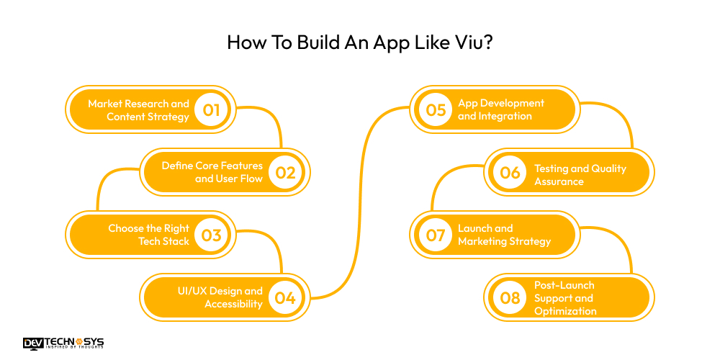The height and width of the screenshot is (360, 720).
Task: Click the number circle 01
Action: click(x=211, y=109)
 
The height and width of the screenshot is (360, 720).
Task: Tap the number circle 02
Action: click(x=285, y=172)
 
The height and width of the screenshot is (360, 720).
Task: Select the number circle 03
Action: click(x=211, y=235)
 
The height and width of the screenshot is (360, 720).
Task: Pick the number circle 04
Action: click(x=285, y=297)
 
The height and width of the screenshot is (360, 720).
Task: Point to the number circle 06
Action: click(x=510, y=172)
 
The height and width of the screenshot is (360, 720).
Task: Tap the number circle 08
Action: click(x=510, y=297)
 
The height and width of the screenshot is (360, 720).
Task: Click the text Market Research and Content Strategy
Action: click(x=138, y=109)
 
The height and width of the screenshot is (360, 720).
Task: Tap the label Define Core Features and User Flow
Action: click(x=212, y=172)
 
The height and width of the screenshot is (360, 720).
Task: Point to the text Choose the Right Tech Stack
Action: click(x=148, y=235)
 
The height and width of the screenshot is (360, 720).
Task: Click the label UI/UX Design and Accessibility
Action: click(x=220, y=297)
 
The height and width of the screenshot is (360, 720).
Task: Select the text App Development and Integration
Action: click(x=501, y=109)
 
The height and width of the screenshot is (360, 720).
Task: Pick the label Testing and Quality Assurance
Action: click(x=580, y=175)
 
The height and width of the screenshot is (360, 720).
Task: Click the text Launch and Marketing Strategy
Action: click(x=504, y=235)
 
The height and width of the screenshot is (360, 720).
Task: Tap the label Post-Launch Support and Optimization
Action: click(x=565, y=297)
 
